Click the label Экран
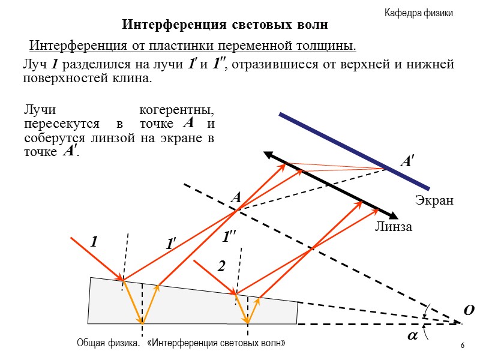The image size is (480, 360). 434,200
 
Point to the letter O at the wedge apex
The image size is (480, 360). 469,310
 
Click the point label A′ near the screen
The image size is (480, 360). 407,161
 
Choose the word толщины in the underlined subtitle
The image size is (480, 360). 328,46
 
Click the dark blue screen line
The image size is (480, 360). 354,151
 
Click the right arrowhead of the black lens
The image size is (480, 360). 394,216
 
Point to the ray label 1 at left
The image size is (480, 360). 93,242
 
